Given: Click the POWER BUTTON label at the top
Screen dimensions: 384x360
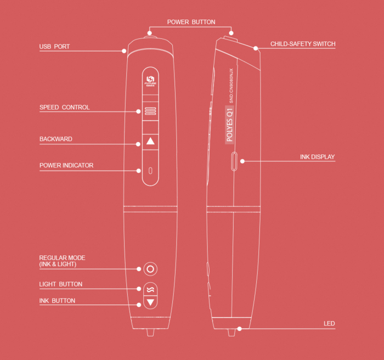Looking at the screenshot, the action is pyautogui.click(x=191, y=22).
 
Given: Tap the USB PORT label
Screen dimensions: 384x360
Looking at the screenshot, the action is pyautogui.click(x=54, y=47).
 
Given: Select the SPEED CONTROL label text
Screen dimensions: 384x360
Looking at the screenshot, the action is pyautogui.click(x=65, y=108).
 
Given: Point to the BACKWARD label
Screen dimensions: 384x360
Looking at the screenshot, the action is pyautogui.click(x=56, y=139).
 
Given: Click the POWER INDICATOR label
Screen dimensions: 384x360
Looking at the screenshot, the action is pyautogui.click(x=66, y=165).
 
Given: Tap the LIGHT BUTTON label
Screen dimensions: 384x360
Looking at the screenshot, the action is pyautogui.click(x=61, y=284).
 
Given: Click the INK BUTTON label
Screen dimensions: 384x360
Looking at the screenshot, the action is pyautogui.click(x=57, y=301).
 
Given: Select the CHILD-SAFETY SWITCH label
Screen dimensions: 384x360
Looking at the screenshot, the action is pyautogui.click(x=303, y=44).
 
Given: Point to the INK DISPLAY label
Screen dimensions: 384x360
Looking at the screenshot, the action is pyautogui.click(x=317, y=157).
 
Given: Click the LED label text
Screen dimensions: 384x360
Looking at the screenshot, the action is pyautogui.click(x=329, y=324).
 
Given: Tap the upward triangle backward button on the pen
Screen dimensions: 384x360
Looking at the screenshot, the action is pyautogui.click(x=151, y=142).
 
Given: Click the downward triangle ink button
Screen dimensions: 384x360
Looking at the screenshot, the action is pyautogui.click(x=151, y=302).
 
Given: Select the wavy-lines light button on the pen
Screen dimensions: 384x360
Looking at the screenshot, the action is pyautogui.click(x=151, y=289).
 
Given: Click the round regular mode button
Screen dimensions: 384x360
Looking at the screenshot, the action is pyautogui.click(x=151, y=269).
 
